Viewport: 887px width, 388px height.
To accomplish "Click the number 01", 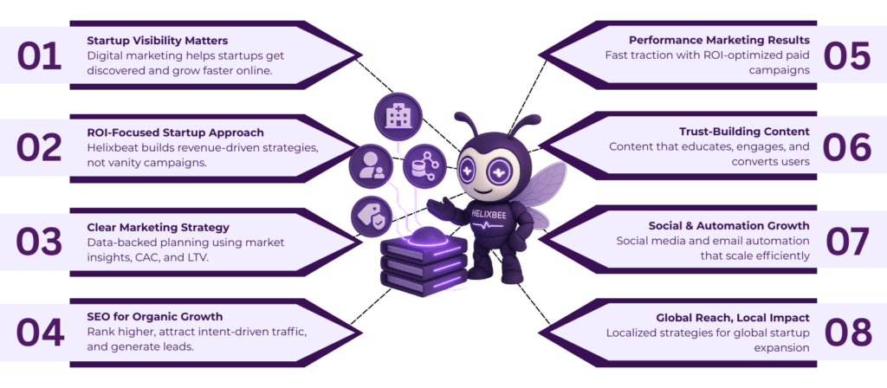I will coord(40,55).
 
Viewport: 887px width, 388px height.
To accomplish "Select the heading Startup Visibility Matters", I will coord(157,40).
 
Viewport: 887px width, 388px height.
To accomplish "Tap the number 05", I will coord(846,55).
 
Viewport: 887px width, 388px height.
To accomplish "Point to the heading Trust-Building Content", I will coord(744,132).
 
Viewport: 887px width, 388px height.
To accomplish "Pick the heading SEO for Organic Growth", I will coord(155,316).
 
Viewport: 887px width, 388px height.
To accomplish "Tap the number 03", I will coord(40,241).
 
